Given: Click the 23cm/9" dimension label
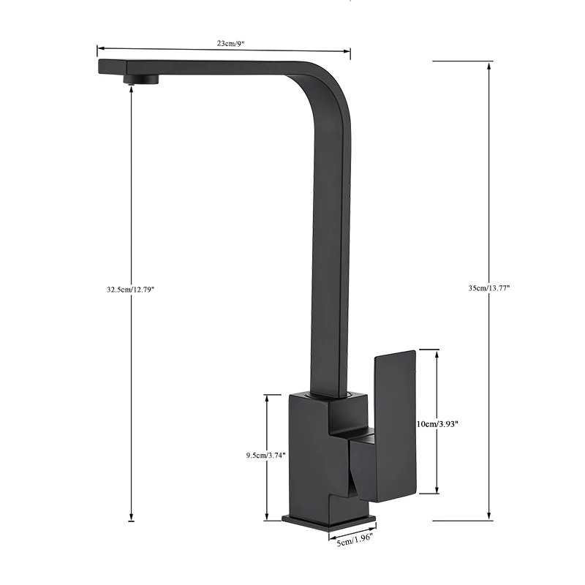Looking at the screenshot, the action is pyautogui.click(x=230, y=43).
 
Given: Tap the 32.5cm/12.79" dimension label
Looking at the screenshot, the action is pyautogui.click(x=131, y=289).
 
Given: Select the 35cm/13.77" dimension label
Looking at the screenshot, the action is pyautogui.click(x=489, y=288).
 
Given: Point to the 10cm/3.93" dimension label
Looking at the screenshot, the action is pyautogui.click(x=437, y=424).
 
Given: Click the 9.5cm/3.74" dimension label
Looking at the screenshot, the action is pyautogui.click(x=266, y=455).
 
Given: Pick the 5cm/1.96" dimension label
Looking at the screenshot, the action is pyautogui.click(x=355, y=540).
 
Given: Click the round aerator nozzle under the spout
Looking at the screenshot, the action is pyautogui.click(x=141, y=78).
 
